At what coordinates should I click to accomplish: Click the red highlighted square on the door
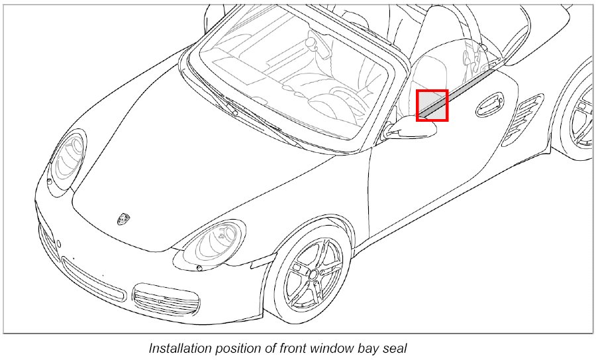pyautogui.click(x=432, y=105)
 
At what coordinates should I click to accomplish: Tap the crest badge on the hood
pyautogui.click(x=123, y=218)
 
